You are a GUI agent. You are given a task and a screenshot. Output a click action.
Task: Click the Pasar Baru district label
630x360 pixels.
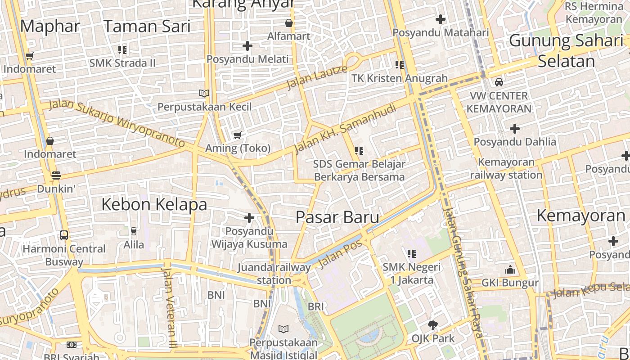pyautogui.click(x=337, y=217)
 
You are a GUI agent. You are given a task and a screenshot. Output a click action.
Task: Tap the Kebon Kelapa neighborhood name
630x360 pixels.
pyautogui.click(x=154, y=204)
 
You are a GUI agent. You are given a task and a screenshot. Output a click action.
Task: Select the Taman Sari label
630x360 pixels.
pyautogui.click(x=147, y=27)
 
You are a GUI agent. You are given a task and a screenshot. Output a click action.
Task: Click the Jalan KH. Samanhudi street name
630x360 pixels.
pyautogui.click(x=345, y=128)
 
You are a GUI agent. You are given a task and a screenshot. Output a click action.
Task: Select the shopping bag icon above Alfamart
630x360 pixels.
pyautogui.click(x=288, y=22)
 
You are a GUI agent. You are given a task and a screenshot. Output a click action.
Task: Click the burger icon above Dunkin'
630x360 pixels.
pyautogui.click(x=56, y=175)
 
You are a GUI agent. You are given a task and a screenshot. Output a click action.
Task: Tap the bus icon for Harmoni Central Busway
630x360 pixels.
pyautogui.click(x=64, y=235)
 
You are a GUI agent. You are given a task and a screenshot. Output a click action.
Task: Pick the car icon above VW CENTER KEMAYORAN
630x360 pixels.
pyautogui.click(x=499, y=82)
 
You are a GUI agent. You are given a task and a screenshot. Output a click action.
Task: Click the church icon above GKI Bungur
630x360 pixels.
pyautogui.click(x=510, y=270)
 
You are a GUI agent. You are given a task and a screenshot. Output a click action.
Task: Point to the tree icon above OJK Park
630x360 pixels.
pyautogui.click(x=432, y=325)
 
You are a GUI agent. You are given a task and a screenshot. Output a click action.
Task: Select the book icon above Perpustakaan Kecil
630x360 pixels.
pyautogui.click(x=204, y=93)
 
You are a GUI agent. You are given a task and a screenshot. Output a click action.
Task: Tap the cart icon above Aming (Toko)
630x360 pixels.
pyautogui.click(x=238, y=135)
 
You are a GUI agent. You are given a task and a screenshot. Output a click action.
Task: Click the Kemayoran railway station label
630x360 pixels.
pyautogui.click(x=506, y=168)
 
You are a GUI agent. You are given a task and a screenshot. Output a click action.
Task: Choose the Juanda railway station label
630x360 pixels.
pyautogui.click(x=274, y=274)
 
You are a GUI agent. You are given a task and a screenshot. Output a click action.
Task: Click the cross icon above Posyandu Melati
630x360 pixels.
pyautogui.click(x=247, y=46)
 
